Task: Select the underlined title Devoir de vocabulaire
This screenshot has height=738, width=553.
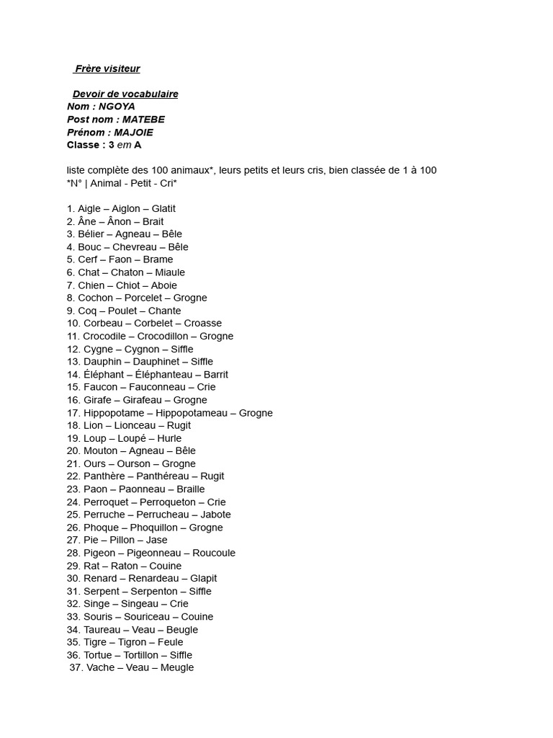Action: coord(125,94)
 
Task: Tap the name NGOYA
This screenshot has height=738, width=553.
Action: coord(117,107)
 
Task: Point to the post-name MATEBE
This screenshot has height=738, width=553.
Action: coord(145,120)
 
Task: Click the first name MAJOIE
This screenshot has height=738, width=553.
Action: coord(133,133)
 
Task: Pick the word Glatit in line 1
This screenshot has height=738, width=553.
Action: coord(163,209)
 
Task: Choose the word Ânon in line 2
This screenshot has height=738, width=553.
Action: coord(119,222)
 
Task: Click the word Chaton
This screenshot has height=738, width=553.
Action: coord(127,272)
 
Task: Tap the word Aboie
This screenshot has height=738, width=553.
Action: coord(163,285)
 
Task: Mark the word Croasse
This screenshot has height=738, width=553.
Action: coord(202,324)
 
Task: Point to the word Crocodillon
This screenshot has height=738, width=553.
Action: coord(162,337)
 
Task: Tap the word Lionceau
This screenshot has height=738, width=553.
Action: coord(135,426)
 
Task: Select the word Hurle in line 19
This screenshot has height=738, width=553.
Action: coord(168,439)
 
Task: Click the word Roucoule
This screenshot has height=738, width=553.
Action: coord(214,553)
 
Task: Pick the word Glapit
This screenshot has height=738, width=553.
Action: coord(204,579)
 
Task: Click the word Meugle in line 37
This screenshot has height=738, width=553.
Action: coord(177,668)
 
